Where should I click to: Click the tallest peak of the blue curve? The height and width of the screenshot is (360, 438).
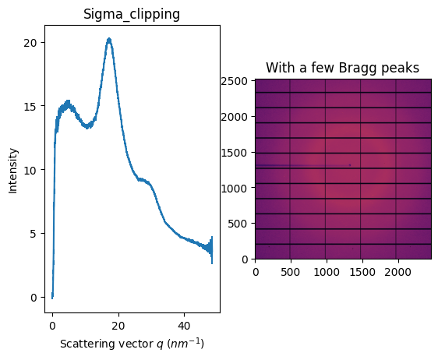pyautogui.click(x=109, y=39)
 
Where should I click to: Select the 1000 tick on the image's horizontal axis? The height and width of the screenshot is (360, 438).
pyautogui.click(x=327, y=271)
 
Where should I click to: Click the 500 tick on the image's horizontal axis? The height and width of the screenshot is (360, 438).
pyautogui.click(x=291, y=271)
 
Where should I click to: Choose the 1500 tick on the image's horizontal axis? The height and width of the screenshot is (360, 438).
pyautogui.click(x=362, y=271)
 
